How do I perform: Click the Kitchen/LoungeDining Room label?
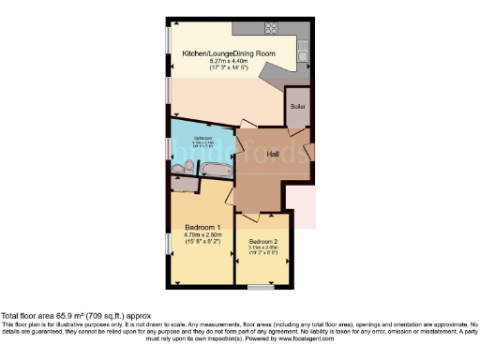pyautogui.click(x=229, y=54)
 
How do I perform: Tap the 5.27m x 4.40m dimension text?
pyautogui.click(x=228, y=62)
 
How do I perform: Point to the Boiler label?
pyautogui.click(x=297, y=107)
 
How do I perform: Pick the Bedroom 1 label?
pyautogui.click(x=202, y=228)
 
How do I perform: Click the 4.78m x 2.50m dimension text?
pyautogui.click(x=202, y=236)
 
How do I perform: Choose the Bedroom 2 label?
pyautogui.click(x=263, y=242)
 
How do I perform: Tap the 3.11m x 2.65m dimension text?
pyautogui.click(x=263, y=248)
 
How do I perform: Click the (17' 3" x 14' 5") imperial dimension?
pyautogui.click(x=228, y=68)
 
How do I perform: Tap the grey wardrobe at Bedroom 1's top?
pyautogui.click(x=185, y=185)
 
